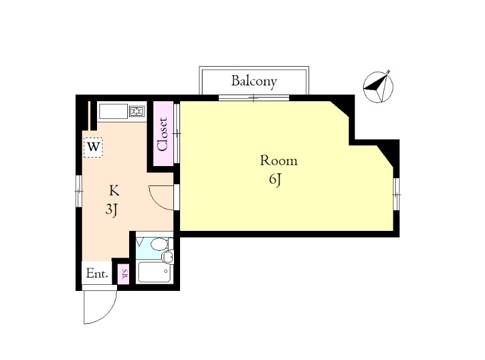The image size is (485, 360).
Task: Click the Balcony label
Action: [x=254, y=81]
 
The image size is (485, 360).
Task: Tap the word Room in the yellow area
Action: [x=279, y=161]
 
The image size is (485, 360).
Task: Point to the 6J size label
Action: [x=275, y=180]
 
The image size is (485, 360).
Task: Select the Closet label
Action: [x=162, y=134]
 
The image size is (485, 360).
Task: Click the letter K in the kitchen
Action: [x=114, y=190]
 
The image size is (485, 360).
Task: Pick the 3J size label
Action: [x=112, y=210]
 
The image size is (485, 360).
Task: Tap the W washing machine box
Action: [x=93, y=147]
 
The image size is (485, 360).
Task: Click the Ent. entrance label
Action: [x=97, y=273]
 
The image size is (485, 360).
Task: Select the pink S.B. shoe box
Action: [x=125, y=274]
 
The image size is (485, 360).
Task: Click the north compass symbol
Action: [x=378, y=86]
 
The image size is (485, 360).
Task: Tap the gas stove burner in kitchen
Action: [x=137, y=111]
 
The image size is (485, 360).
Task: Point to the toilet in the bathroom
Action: [x=159, y=244]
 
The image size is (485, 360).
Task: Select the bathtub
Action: [x=155, y=272]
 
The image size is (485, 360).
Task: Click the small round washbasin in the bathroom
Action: [x=168, y=257]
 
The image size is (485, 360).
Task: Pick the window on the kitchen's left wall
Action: [x=79, y=191]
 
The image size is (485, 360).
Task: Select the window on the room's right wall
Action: [x=396, y=195]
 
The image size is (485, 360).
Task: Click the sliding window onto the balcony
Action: [x=254, y=98]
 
